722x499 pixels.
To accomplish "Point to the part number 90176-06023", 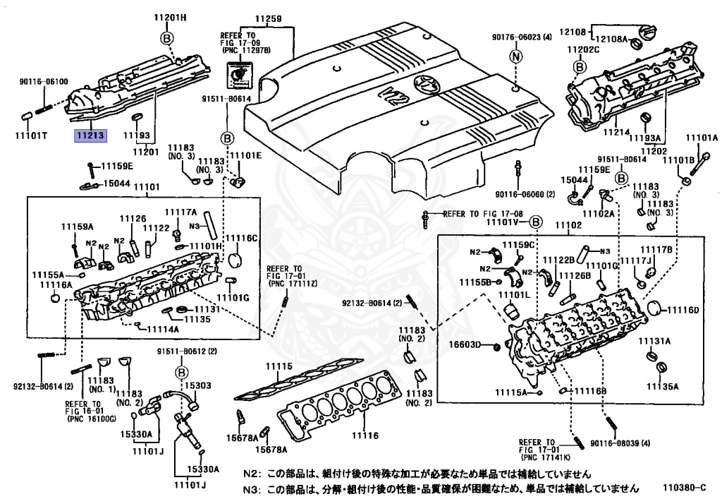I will point(522,37).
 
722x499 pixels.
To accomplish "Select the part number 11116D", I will point(684,310).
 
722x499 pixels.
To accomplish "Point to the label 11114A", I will point(162,329).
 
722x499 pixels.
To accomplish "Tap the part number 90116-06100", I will point(44,82).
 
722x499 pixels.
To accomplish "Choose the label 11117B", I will point(656,250).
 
